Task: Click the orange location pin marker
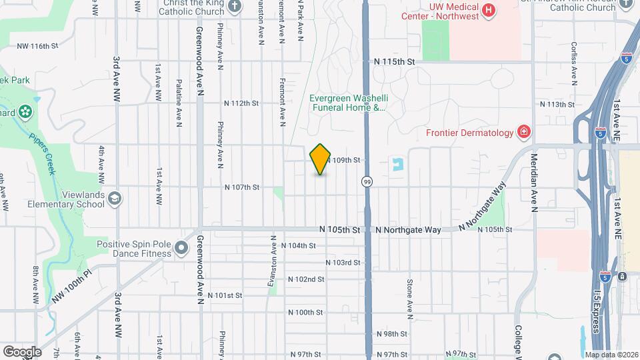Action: tap(321, 159)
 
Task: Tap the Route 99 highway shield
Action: tap(367, 181)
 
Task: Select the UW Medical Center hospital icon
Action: tap(489, 10)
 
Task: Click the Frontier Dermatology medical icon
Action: tap(525, 132)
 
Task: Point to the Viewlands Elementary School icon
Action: tap(115, 199)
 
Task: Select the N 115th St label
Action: tap(395, 61)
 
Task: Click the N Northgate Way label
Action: tap(408, 229)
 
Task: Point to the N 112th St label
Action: tap(241, 103)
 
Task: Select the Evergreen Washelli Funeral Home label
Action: tap(348, 102)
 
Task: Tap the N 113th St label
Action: tap(557, 105)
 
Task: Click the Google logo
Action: tap(22, 351)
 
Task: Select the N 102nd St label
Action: tap(306, 279)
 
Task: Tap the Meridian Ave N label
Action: tap(533, 183)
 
